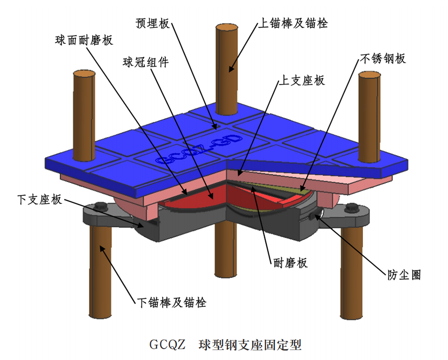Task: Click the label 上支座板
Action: (303, 80)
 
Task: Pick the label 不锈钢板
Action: (382, 58)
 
